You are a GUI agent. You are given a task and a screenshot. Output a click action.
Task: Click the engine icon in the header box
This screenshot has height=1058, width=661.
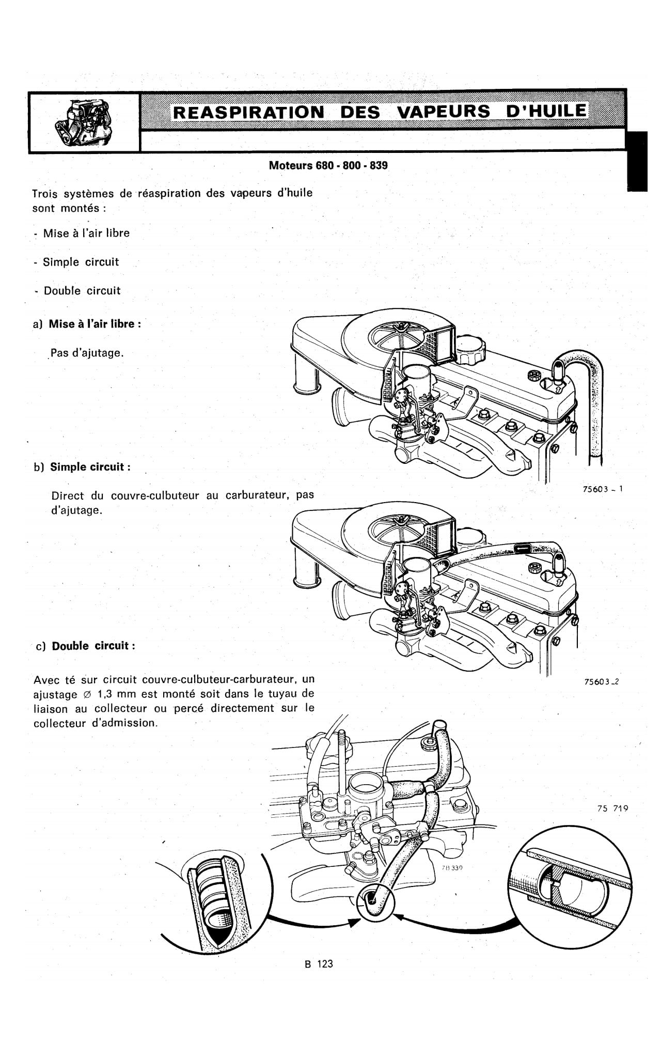(84, 122)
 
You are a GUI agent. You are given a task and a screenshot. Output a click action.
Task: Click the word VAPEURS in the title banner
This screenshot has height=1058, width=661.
(442, 112)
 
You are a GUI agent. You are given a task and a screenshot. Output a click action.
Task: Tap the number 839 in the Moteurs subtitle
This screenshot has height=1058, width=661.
(379, 166)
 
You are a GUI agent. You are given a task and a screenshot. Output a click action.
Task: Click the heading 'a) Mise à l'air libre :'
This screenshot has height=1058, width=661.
(87, 324)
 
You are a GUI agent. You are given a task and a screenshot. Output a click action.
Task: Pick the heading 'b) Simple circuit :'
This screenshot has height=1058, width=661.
(82, 467)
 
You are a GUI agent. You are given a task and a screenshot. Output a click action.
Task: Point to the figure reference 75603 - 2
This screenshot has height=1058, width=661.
(601, 681)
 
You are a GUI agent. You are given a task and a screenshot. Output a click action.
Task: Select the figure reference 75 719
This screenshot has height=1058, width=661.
(612, 808)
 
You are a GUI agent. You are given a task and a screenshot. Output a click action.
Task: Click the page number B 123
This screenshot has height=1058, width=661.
(319, 963)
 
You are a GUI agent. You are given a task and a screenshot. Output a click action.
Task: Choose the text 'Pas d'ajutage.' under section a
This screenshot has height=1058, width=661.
(87, 354)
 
